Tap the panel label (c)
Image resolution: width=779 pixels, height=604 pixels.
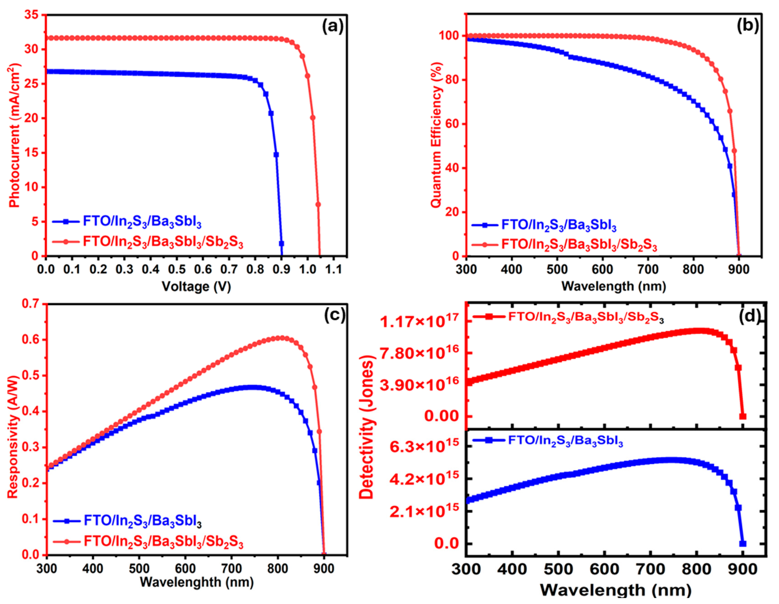coord(334,315)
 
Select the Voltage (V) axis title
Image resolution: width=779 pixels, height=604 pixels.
coord(196,286)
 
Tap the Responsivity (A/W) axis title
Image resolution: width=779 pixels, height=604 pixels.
coord(13,436)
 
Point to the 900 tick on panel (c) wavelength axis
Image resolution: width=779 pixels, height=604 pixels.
coord(324,568)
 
